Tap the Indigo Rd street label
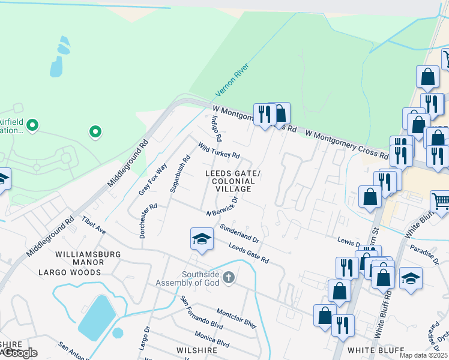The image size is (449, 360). [x=216, y=126]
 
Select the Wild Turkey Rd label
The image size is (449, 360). [x=219, y=151]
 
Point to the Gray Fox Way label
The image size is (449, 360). [x=152, y=180]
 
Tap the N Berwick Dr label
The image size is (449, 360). [x=222, y=206]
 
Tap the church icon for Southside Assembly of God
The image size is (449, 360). [x=228, y=278]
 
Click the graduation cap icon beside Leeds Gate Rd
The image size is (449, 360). [x=202, y=239]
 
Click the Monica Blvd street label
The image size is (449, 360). [x=211, y=338]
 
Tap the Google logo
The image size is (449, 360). [x=20, y=353]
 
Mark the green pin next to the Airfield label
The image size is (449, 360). [x=33, y=125]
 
